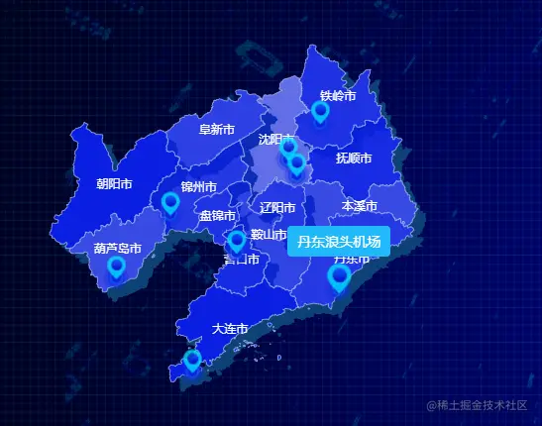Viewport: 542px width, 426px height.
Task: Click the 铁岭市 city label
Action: [337, 96]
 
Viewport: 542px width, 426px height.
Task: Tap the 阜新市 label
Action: [216, 130]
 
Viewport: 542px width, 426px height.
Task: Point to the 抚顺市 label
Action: [353, 158]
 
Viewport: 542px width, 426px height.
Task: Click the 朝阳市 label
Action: [114, 183]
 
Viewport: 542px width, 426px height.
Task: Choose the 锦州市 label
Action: [198, 186]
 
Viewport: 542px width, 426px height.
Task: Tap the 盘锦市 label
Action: [217, 215]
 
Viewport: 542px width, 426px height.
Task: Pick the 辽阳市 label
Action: [277, 208]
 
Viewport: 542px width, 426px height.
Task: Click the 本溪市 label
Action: [359, 206]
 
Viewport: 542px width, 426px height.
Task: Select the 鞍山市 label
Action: [269, 235]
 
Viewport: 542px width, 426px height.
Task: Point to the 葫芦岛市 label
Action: [118, 248]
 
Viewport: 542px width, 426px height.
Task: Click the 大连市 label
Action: [229, 328]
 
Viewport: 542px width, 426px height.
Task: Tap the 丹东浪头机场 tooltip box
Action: [338, 241]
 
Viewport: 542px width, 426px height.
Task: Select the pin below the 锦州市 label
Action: [170, 204]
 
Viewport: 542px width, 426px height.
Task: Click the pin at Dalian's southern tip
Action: [192, 361]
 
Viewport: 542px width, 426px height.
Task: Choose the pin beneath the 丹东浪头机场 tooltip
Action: [339, 277]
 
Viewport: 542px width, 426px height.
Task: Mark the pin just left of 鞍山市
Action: [236, 242]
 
